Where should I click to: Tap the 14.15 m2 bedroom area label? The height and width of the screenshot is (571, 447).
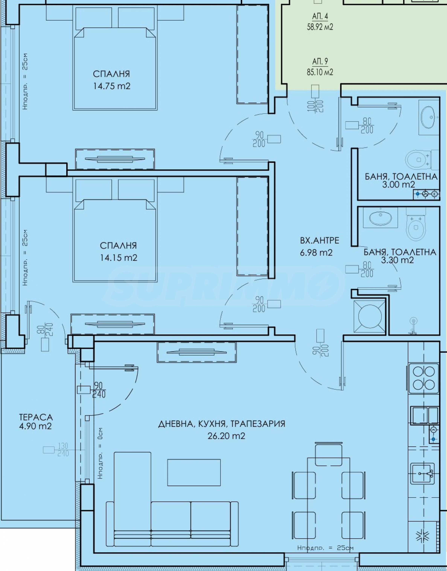pyautogui.click(x=119, y=258)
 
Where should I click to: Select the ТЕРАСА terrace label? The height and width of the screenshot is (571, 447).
pyautogui.click(x=36, y=417)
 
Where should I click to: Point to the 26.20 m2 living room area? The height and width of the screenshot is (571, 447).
pyautogui.click(x=226, y=436)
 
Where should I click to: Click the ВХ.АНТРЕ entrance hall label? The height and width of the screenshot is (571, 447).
pyautogui.click(x=320, y=240)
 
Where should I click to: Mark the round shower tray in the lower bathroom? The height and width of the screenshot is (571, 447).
pyautogui.click(x=370, y=317)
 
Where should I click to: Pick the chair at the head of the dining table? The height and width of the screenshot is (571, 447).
pyautogui.click(x=329, y=454)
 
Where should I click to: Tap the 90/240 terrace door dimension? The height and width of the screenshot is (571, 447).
pyautogui.click(x=99, y=390)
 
